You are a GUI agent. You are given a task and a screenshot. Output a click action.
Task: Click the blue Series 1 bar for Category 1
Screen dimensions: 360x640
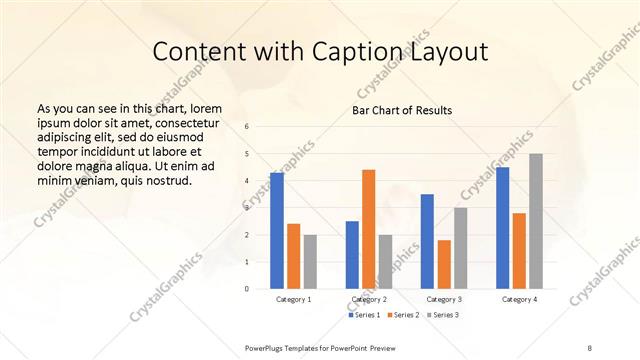pyautogui.click(x=277, y=230)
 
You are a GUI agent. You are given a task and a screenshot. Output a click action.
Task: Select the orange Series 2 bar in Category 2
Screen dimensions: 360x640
pyautogui.click(x=369, y=229)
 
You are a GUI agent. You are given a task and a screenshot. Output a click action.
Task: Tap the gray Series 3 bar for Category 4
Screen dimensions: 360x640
pyautogui.click(x=536, y=221)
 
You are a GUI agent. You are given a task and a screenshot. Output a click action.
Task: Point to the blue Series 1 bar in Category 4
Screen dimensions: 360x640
pyautogui.click(x=502, y=228)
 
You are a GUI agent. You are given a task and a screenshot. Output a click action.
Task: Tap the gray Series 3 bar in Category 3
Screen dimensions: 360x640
pyautogui.click(x=461, y=248)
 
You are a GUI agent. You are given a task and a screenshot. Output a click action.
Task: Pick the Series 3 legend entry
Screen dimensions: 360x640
pyautogui.click(x=444, y=315)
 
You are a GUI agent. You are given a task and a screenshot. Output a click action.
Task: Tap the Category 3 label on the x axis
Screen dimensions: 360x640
pyautogui.click(x=444, y=300)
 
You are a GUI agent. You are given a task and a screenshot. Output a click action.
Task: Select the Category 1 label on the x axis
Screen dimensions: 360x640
pyautogui.click(x=294, y=300)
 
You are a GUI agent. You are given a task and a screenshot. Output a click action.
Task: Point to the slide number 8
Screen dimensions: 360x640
pyautogui.click(x=590, y=347)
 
